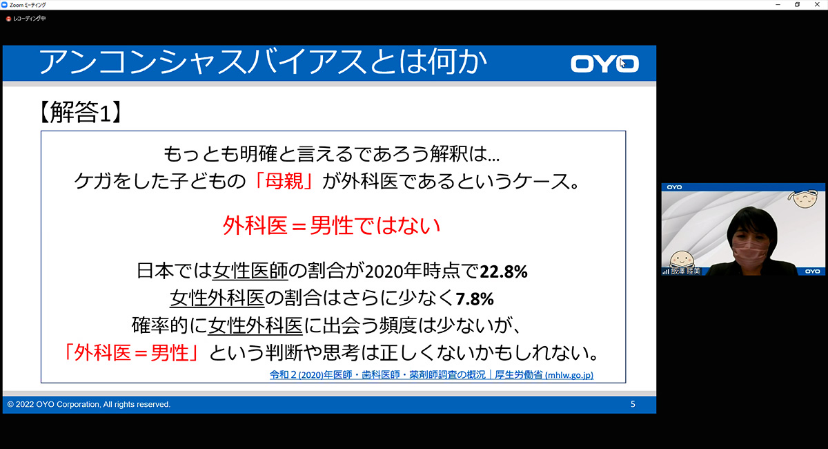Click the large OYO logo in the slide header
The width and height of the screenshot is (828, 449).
click(x=604, y=64)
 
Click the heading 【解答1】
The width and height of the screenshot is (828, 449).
click(x=80, y=112)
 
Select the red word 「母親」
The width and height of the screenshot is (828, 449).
click(x=284, y=182)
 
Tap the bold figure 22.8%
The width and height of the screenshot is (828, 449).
click(x=504, y=271)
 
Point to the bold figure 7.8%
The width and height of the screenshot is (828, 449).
click(x=475, y=298)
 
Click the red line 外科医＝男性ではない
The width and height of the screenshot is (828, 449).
click(x=331, y=225)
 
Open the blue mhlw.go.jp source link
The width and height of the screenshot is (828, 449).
click(x=431, y=375)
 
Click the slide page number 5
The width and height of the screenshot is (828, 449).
click(x=633, y=404)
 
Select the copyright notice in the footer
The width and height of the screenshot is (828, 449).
click(x=89, y=404)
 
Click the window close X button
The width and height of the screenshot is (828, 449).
click(x=817, y=4)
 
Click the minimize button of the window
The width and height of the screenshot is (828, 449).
click(x=778, y=4)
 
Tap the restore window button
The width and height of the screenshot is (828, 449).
click(x=798, y=4)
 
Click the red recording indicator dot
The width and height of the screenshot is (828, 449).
click(x=8, y=19)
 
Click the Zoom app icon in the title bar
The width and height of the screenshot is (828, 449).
click(x=4, y=5)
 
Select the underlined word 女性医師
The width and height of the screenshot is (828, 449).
click(x=250, y=271)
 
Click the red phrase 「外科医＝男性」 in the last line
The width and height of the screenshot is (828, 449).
click(x=132, y=352)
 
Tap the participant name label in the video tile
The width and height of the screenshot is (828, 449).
click(x=686, y=271)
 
